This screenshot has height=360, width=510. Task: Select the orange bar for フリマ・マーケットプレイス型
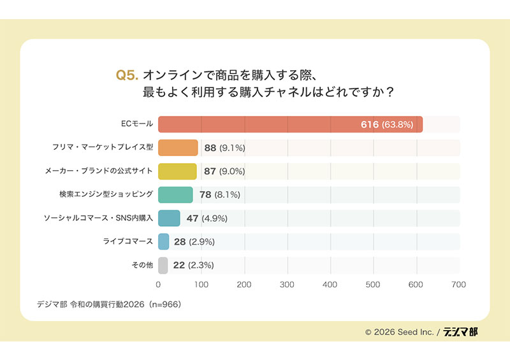pos(178,148)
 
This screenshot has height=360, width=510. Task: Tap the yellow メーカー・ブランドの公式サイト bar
pos(177,171)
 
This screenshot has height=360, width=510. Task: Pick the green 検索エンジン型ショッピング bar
pos(175,195)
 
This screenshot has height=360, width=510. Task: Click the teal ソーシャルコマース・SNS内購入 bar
pos(169,219)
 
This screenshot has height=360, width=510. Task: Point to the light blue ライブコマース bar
pos(164,241)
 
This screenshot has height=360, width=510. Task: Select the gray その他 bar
pos(163,265)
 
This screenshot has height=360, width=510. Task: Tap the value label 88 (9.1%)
pos(224,148)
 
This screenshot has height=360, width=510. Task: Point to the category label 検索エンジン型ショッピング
pos(106,195)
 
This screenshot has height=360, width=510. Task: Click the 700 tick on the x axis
pos(459,284)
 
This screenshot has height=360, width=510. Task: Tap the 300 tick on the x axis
pos(287,284)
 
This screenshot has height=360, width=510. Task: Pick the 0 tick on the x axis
pos(158,284)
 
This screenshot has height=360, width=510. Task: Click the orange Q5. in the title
pos(127,75)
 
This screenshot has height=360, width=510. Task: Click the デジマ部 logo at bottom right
pos(461,332)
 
